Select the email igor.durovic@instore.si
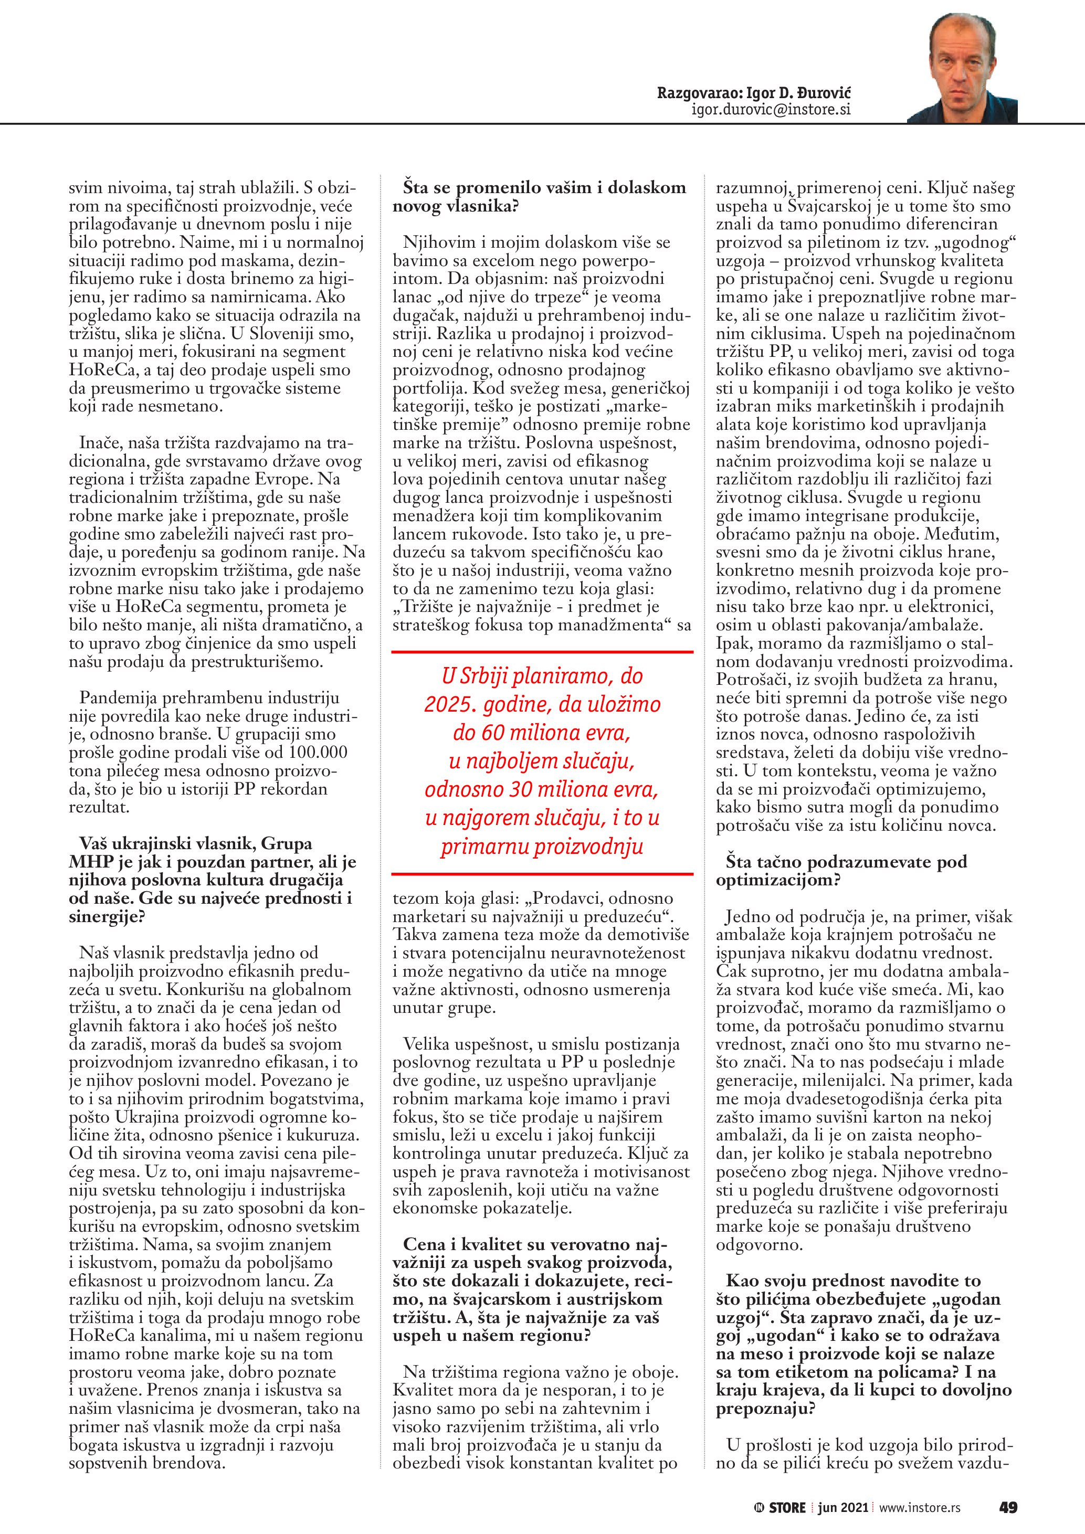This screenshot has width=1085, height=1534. pyautogui.click(x=771, y=110)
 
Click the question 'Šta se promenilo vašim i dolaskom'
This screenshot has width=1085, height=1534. pyautogui.click(x=544, y=188)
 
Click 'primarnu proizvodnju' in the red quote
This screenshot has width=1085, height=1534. pyautogui.click(x=542, y=847)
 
